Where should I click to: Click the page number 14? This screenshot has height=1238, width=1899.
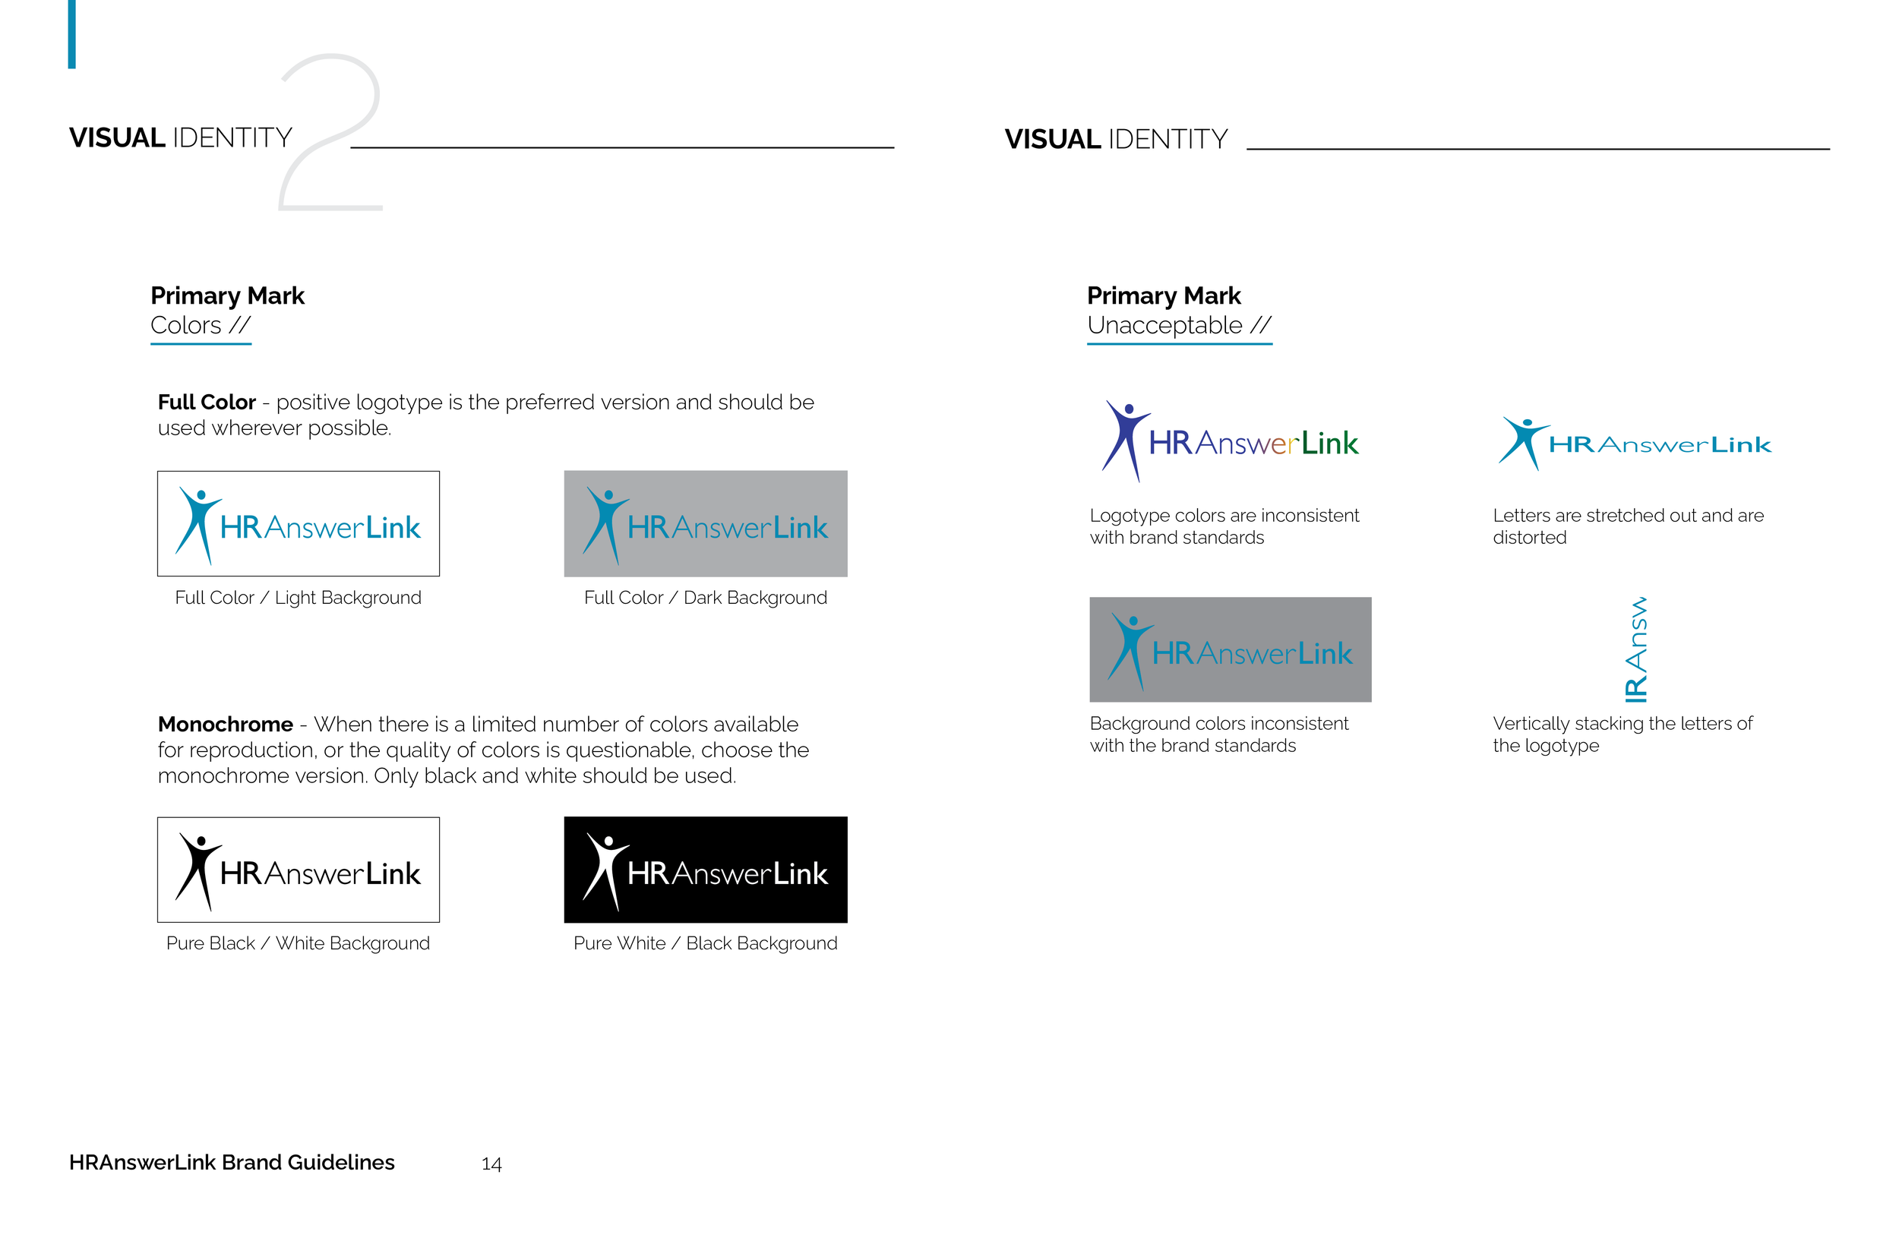pos(491,1164)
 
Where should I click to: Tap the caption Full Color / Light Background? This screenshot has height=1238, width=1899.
pos(298,598)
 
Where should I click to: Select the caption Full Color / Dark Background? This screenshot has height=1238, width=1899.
pos(706,598)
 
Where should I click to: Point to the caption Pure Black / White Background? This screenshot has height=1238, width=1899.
pos(298,943)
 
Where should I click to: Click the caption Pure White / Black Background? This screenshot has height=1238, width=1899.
pos(706,943)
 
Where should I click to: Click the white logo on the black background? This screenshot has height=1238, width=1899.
pos(706,870)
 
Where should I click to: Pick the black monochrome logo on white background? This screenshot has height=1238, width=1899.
pos(298,870)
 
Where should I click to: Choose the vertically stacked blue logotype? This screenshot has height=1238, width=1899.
pos(1635,649)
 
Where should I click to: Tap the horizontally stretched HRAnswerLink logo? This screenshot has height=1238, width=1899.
pos(1635,444)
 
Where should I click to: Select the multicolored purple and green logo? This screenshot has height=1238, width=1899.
pos(1230,442)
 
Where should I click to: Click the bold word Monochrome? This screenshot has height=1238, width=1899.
pos(225,725)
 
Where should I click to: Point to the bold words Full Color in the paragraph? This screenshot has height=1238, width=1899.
pos(207,402)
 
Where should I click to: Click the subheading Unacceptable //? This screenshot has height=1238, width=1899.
pos(1178,326)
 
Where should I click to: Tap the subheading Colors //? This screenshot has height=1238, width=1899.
pos(201,326)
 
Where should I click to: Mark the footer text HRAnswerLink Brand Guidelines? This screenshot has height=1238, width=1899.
pos(232,1162)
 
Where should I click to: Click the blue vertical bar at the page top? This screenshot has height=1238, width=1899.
pos(72,33)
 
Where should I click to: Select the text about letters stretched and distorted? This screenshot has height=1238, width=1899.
pos(1628,526)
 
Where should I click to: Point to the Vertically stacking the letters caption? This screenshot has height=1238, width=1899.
pos(1623,734)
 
